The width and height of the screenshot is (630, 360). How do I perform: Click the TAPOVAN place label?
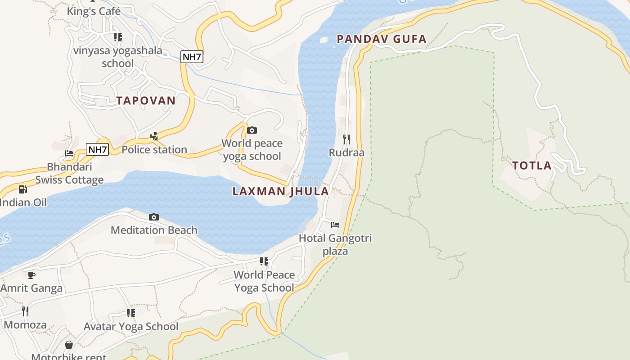[x=146, y=100]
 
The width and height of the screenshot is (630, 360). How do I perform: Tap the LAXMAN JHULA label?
[x=280, y=191]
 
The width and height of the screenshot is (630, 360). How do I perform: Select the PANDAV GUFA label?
[x=381, y=39]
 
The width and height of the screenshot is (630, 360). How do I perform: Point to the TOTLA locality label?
[x=532, y=166]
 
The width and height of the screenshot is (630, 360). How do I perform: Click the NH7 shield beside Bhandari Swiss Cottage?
[x=98, y=149]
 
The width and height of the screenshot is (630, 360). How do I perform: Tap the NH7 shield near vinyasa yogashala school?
[x=192, y=57]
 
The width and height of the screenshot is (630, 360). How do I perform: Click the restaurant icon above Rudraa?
[x=346, y=139]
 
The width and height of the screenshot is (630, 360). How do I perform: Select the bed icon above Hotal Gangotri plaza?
[x=335, y=225]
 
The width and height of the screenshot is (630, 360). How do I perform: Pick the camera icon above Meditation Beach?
[x=154, y=217]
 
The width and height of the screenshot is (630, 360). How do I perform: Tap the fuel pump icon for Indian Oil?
[x=22, y=189]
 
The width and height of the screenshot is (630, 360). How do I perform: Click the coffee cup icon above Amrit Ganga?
[x=31, y=275]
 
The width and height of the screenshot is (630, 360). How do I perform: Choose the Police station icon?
[x=154, y=136]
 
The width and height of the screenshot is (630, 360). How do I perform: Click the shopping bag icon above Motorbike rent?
[x=69, y=345]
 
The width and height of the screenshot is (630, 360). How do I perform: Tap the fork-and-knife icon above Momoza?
[x=25, y=311]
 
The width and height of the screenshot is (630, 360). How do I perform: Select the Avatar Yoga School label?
[x=131, y=326]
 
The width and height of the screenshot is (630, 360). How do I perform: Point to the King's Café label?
[x=94, y=11]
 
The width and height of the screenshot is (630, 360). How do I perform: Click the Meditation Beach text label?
[x=154, y=230]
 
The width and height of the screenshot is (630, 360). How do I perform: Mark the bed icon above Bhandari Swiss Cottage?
[x=69, y=153]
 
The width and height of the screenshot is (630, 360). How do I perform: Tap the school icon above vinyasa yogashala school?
[x=117, y=37]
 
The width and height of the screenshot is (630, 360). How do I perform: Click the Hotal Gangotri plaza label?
[x=335, y=244]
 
